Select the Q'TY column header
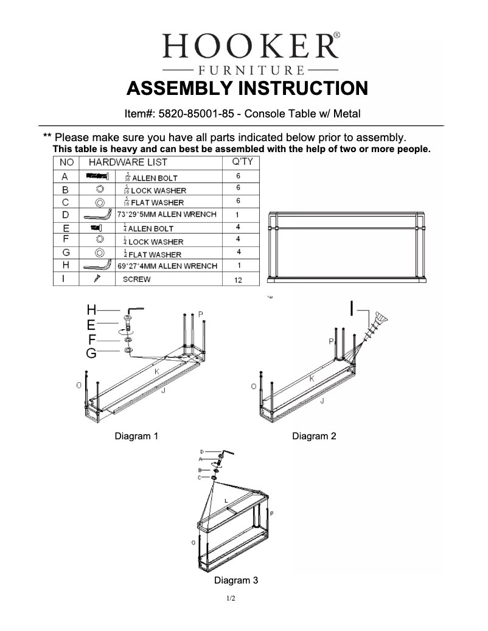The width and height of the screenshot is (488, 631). pos(243,162)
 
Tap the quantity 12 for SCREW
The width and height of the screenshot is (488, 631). pos(239,281)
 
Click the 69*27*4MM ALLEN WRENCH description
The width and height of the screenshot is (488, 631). pos(167,266)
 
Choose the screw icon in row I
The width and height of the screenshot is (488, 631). pos(96,279)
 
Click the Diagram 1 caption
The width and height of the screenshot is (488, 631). pos(137,436)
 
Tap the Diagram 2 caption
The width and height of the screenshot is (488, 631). pos(314,436)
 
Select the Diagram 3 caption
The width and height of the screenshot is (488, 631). pos(236,580)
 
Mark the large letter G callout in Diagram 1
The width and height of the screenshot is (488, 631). pos(91,353)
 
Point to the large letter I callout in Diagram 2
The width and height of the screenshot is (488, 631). pos(352,308)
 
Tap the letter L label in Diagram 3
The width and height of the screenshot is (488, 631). pos(226,501)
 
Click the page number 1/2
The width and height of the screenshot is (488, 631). pos(231,599)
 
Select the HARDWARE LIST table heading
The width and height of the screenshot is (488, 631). pos(128,162)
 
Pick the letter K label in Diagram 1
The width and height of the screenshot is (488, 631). pos(157,371)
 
